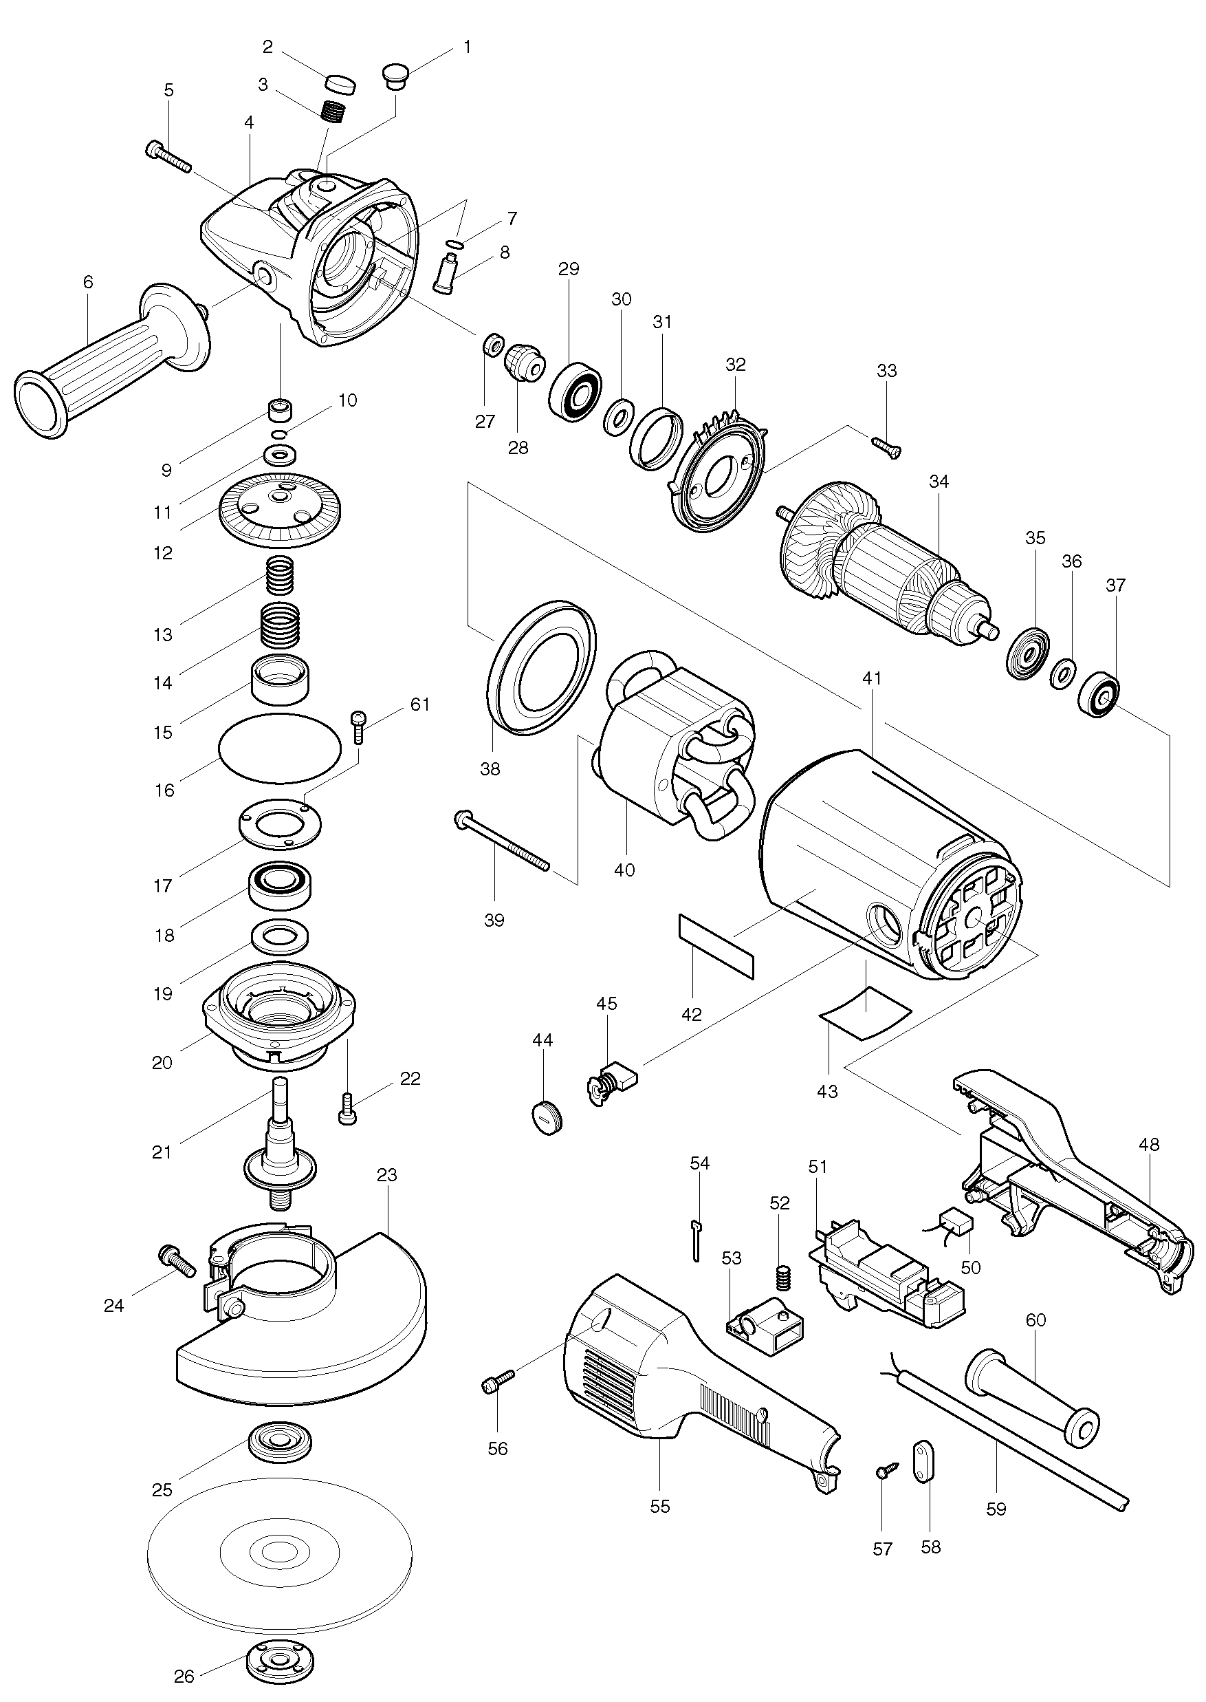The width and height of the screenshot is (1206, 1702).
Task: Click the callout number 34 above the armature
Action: pyautogui.click(x=939, y=482)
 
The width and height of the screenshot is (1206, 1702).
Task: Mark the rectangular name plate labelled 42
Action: pyautogui.click(x=716, y=947)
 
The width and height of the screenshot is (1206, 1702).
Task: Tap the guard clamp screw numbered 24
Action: pyautogui.click(x=177, y=1261)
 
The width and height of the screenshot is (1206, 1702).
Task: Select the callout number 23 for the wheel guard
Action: pyautogui.click(x=387, y=1174)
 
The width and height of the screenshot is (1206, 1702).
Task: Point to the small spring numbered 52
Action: pyautogui.click(x=780, y=1277)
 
